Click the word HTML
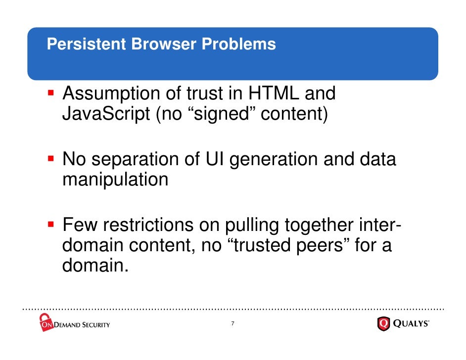pyautogui.click(x=274, y=93)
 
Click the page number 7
pyautogui.click(x=233, y=324)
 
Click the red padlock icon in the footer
pyautogui.click(x=46, y=322)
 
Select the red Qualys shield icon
pyautogui.click(x=384, y=324)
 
